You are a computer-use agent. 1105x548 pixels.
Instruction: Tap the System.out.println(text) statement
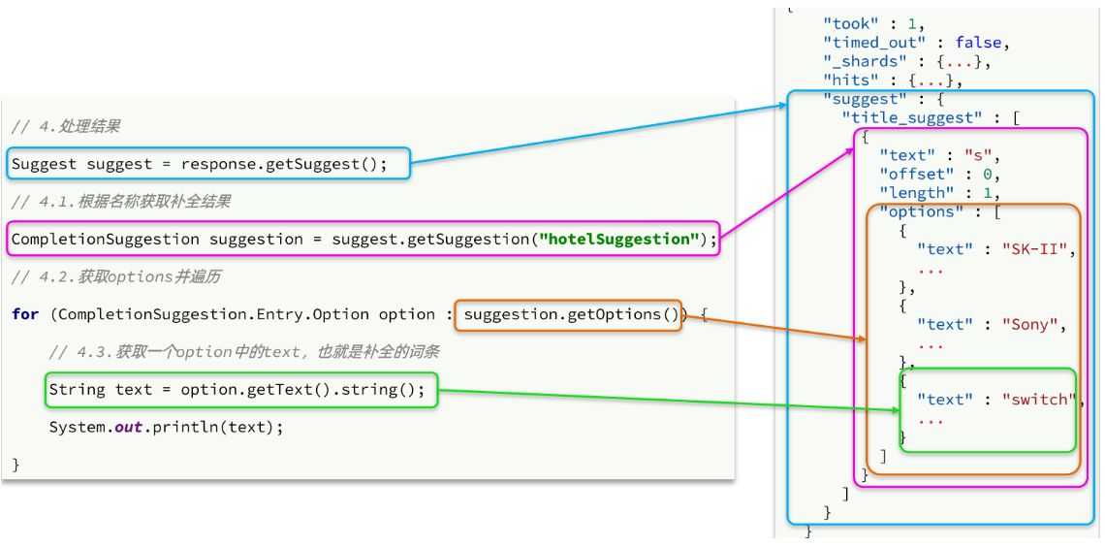[x=167, y=427]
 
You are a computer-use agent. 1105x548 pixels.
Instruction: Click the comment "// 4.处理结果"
[x=66, y=127]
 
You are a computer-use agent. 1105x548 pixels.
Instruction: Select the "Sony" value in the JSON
[x=1034, y=325]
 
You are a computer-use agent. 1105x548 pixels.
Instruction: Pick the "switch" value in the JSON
[x=1039, y=400]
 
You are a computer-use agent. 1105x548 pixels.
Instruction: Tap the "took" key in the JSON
[x=850, y=24]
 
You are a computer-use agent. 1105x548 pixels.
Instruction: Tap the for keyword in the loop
[x=25, y=314]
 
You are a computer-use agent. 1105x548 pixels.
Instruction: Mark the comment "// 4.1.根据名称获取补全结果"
[x=120, y=202]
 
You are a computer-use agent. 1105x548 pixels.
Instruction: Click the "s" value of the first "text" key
[x=977, y=155]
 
